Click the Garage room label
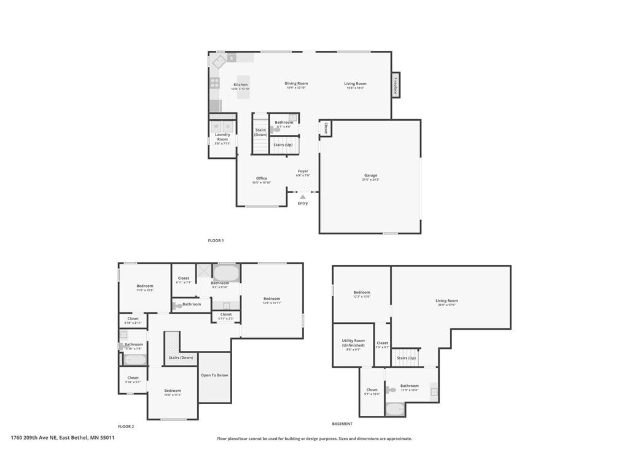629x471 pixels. pos(370,176)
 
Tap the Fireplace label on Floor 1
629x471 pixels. pos(396,84)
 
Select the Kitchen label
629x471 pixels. pos(241,85)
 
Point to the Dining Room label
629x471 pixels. pos(296,84)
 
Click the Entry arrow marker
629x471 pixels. pos(303,197)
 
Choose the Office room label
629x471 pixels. pos(262,179)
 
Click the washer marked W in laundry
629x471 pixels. pos(216,126)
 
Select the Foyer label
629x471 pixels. pos(303,172)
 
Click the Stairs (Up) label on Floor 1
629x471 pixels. pos(283,145)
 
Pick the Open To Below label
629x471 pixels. pos(214,375)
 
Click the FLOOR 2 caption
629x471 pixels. pos(126,426)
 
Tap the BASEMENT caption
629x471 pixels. pos(342,424)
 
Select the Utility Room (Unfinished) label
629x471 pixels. pos(353,343)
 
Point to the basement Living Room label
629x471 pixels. pos(447,301)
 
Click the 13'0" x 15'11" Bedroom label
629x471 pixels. pos(272,299)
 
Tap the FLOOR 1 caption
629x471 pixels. pos(216,240)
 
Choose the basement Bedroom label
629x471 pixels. pos(362,293)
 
